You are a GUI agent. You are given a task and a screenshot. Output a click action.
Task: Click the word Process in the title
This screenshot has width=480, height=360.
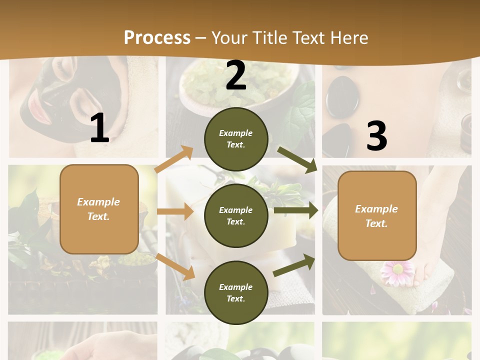click(x=157, y=38)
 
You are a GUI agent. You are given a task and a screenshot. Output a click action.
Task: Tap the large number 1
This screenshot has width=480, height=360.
click(x=99, y=128)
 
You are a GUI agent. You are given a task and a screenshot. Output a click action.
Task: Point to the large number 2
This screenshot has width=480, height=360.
click(x=236, y=75)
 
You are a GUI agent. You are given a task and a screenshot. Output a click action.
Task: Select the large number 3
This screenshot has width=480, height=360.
click(x=376, y=136)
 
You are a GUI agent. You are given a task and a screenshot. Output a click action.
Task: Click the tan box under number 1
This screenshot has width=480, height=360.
click(x=99, y=209)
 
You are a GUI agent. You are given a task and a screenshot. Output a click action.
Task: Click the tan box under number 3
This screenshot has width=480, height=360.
click(x=377, y=216)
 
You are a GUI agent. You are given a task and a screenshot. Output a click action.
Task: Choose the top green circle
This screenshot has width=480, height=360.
click(x=236, y=139)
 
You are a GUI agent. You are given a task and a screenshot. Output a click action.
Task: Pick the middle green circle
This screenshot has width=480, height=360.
click(x=236, y=215)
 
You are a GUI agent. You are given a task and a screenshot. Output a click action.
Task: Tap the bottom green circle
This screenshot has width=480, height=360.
click(x=236, y=292)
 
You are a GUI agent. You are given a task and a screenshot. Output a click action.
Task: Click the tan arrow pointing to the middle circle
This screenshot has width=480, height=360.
click(x=175, y=211)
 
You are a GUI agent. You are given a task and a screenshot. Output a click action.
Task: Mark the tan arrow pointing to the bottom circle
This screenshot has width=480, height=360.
click(x=175, y=266)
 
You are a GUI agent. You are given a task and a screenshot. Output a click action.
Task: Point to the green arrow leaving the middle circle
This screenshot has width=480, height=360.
click(x=295, y=210)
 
